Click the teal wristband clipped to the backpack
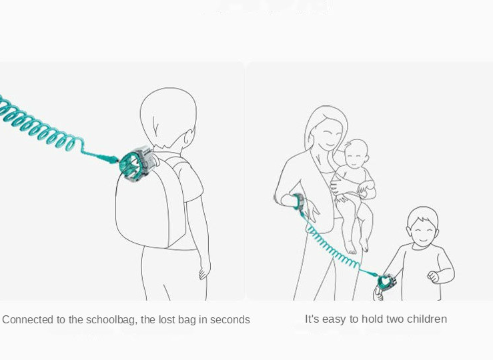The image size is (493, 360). click(x=136, y=163)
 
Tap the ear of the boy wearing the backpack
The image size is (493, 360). click(x=189, y=137)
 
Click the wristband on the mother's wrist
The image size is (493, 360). click(x=299, y=201)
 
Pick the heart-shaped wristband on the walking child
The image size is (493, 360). click(x=386, y=281)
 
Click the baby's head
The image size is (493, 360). click(x=356, y=155)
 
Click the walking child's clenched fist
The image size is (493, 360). click(x=433, y=276)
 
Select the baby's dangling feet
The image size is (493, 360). click(x=356, y=247)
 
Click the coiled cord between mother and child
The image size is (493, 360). click(x=334, y=248)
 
